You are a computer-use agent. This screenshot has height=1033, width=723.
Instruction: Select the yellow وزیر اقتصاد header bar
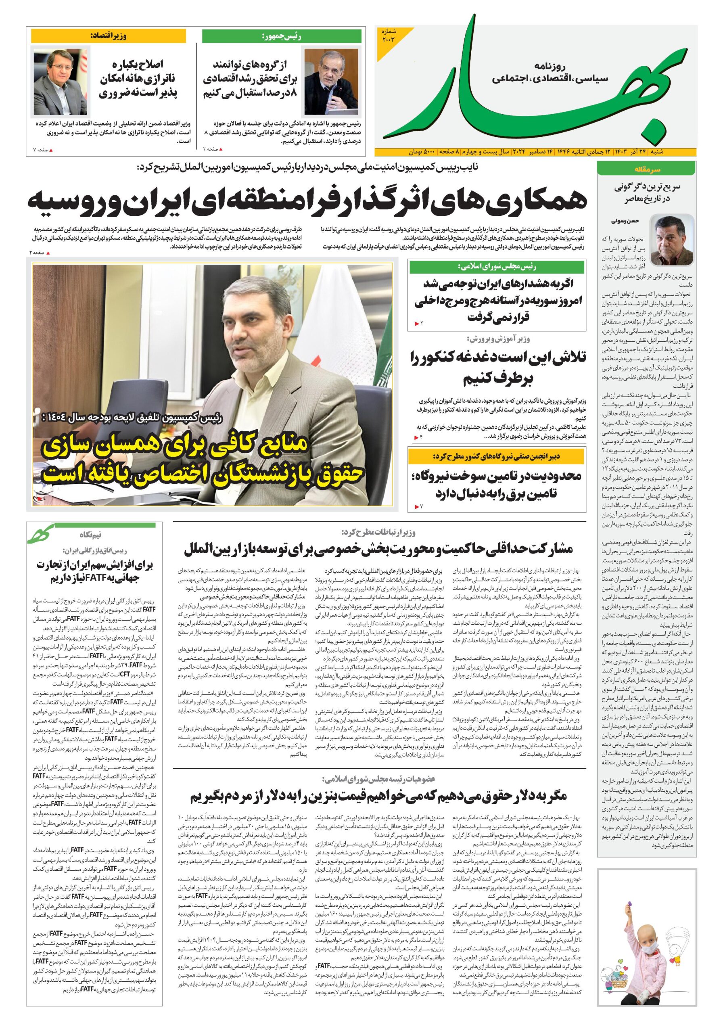point(109,36)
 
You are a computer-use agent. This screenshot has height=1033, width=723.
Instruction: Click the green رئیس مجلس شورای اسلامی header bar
point(497,267)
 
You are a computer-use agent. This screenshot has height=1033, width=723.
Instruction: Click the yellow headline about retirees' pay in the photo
point(203,461)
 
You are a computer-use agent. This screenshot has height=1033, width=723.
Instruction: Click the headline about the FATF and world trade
point(94,571)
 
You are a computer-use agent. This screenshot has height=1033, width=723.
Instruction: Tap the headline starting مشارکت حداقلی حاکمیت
point(378,549)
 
